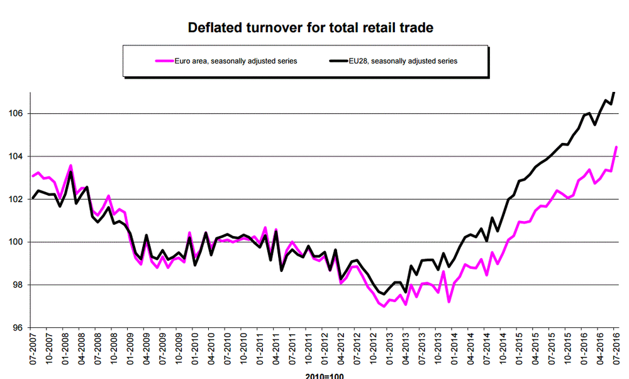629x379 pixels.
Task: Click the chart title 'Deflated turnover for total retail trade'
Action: pyautogui.click(x=311, y=28)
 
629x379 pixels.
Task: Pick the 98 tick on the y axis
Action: pyautogui.click(x=18, y=285)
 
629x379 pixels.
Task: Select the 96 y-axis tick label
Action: pyautogui.click(x=18, y=327)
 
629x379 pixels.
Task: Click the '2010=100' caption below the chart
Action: pyautogui.click(x=324, y=376)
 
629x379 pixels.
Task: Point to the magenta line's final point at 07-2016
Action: pyautogui.click(x=616, y=147)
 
